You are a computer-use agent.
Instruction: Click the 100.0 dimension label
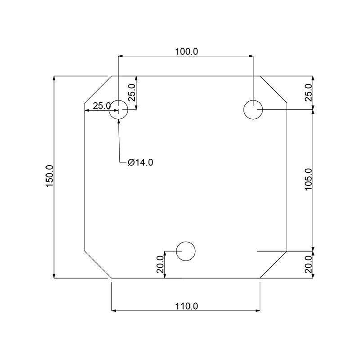pos(186,52)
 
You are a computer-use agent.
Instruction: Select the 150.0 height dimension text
pos(49,176)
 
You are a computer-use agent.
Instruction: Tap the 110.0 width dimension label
pos(186,306)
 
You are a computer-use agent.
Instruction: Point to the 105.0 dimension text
pos(308,179)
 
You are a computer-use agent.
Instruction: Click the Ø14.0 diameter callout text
pos(140,162)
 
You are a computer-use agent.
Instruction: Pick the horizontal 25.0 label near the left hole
pos(102,106)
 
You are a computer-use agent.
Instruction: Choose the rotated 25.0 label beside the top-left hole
pos(132,93)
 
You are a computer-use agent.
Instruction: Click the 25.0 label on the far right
pos(308,93)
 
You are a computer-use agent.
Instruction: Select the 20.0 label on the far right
pos(308,264)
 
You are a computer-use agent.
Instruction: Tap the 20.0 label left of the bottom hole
pos(160,264)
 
